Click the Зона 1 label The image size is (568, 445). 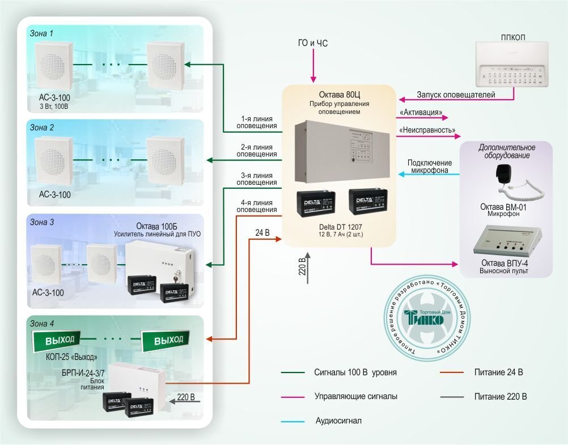[x=41, y=33]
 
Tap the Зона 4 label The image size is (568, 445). [x=42, y=324]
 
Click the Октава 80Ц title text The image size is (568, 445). [x=339, y=95]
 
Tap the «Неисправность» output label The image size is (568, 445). [x=427, y=130]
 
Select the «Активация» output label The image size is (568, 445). [x=421, y=112]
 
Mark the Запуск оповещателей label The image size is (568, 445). [x=456, y=95]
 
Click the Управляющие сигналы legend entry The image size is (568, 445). [x=355, y=396]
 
